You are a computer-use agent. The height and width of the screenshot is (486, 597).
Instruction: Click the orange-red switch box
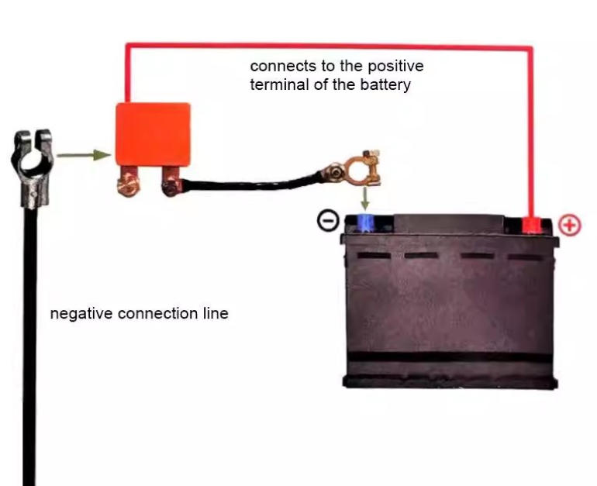click(153, 133)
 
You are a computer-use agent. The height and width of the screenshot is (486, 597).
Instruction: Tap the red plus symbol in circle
click(570, 226)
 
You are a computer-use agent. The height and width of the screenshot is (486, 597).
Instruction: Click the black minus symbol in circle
click(328, 222)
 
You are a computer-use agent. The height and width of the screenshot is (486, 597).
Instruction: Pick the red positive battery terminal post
click(531, 225)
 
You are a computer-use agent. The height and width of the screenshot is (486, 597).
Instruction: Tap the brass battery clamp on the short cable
click(357, 173)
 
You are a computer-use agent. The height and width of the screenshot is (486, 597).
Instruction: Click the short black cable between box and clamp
click(248, 184)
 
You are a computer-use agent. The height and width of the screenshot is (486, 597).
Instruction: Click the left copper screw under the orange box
click(125, 184)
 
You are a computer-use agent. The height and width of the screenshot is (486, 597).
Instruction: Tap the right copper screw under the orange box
click(170, 184)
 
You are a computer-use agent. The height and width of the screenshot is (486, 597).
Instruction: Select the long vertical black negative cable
click(29, 349)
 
